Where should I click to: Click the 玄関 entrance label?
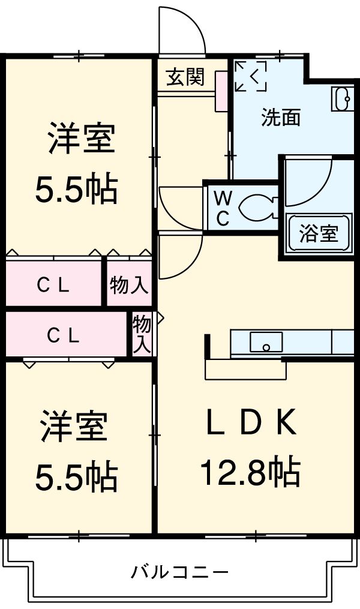click(x=185, y=77)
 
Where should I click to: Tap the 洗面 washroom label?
click(x=280, y=118)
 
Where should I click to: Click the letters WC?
click(x=223, y=208)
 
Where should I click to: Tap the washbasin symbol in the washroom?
click(x=343, y=98)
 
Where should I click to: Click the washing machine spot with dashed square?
click(x=250, y=76)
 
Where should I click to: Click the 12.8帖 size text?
click(x=250, y=472)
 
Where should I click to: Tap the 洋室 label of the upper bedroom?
click(x=82, y=139)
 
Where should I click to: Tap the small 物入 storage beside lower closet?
click(x=142, y=334)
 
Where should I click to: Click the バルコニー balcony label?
click(x=179, y=572)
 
